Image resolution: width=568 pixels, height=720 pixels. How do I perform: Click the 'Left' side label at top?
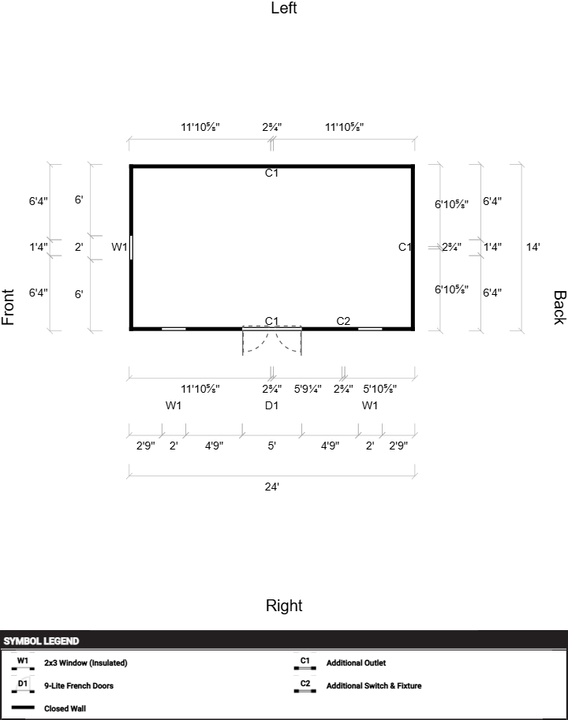[284, 8]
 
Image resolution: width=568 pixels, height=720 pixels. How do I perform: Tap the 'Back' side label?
[559, 308]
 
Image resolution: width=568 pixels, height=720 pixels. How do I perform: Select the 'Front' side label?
[8, 308]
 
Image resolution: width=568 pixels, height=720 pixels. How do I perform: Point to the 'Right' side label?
[284, 605]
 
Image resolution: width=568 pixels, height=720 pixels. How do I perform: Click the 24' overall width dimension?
[272, 487]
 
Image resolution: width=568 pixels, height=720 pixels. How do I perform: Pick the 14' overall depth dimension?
[532, 247]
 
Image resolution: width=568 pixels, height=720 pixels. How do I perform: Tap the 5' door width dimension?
[272, 446]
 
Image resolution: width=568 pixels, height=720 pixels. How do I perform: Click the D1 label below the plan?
[272, 405]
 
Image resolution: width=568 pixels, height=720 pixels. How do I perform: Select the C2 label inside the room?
[343, 321]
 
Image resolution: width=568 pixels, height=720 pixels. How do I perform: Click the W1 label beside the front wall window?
[119, 247]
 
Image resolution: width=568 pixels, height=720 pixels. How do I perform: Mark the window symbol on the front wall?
[131, 248]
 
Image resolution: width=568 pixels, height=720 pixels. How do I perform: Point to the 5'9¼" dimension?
[308, 389]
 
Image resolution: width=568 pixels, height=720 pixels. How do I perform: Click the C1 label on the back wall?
[405, 247]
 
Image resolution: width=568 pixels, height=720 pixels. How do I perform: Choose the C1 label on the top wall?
[272, 173]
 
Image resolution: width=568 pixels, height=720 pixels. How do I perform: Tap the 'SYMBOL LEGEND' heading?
[41, 641]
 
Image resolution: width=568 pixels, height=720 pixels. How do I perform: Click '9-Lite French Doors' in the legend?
[79, 685]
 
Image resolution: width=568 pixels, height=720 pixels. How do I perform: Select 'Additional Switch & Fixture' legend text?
[374, 685]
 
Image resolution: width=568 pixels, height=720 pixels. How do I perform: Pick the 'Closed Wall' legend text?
[65, 708]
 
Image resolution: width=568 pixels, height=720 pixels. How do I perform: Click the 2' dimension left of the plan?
[79, 247]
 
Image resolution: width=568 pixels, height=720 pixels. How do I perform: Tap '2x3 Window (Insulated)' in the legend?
[86, 662]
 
